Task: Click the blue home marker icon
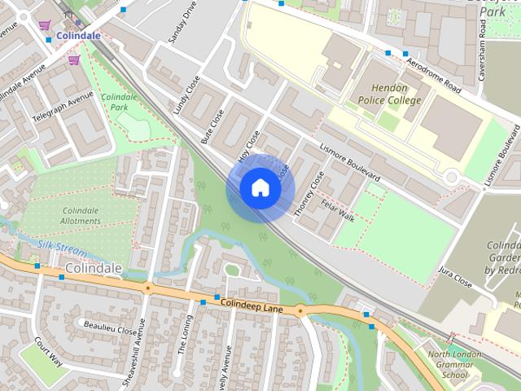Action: pos(260,188)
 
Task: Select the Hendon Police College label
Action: pos(389,94)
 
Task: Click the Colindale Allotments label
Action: pos(81,216)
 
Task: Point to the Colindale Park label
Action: pos(119,102)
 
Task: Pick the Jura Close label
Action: pos(455,277)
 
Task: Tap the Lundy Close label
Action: pos(186,95)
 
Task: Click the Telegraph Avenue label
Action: pos(63,110)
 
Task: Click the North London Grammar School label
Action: pos(449,364)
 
